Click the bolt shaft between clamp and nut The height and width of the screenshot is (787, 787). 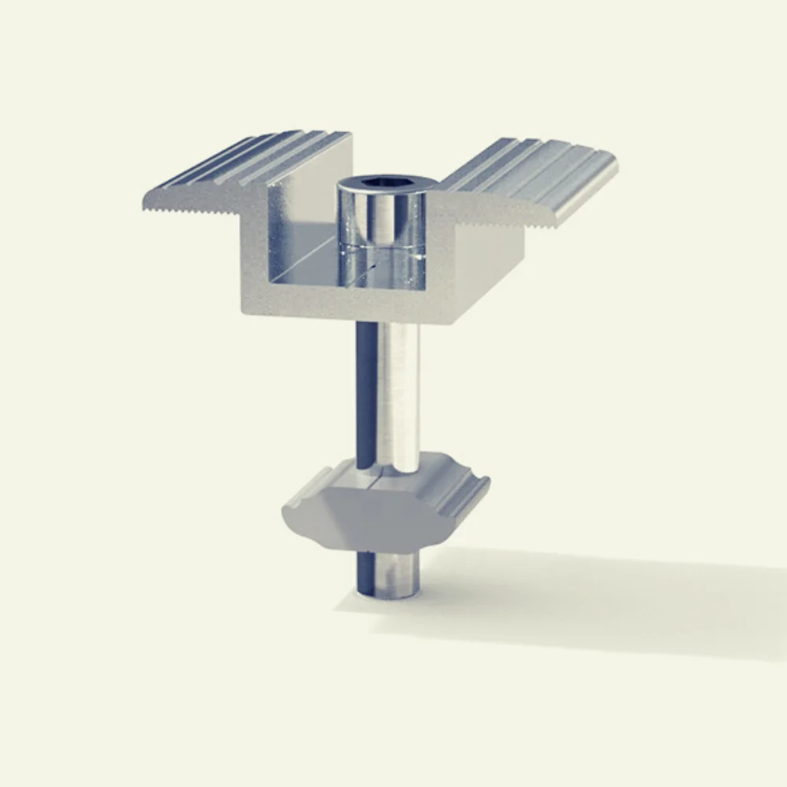point(390,393)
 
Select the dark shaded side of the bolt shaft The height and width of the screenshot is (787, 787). point(364,393)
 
